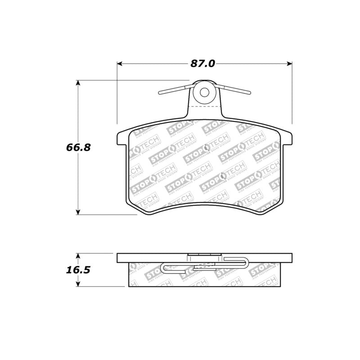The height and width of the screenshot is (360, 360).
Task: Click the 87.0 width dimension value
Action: [x=202, y=63]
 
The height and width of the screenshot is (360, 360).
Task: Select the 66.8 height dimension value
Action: [x=76, y=147]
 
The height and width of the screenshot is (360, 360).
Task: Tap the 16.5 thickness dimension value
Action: [x=76, y=270]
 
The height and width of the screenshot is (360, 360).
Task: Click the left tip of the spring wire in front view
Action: [x=160, y=94]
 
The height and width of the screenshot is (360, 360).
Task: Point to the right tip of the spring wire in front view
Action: [x=249, y=94]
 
